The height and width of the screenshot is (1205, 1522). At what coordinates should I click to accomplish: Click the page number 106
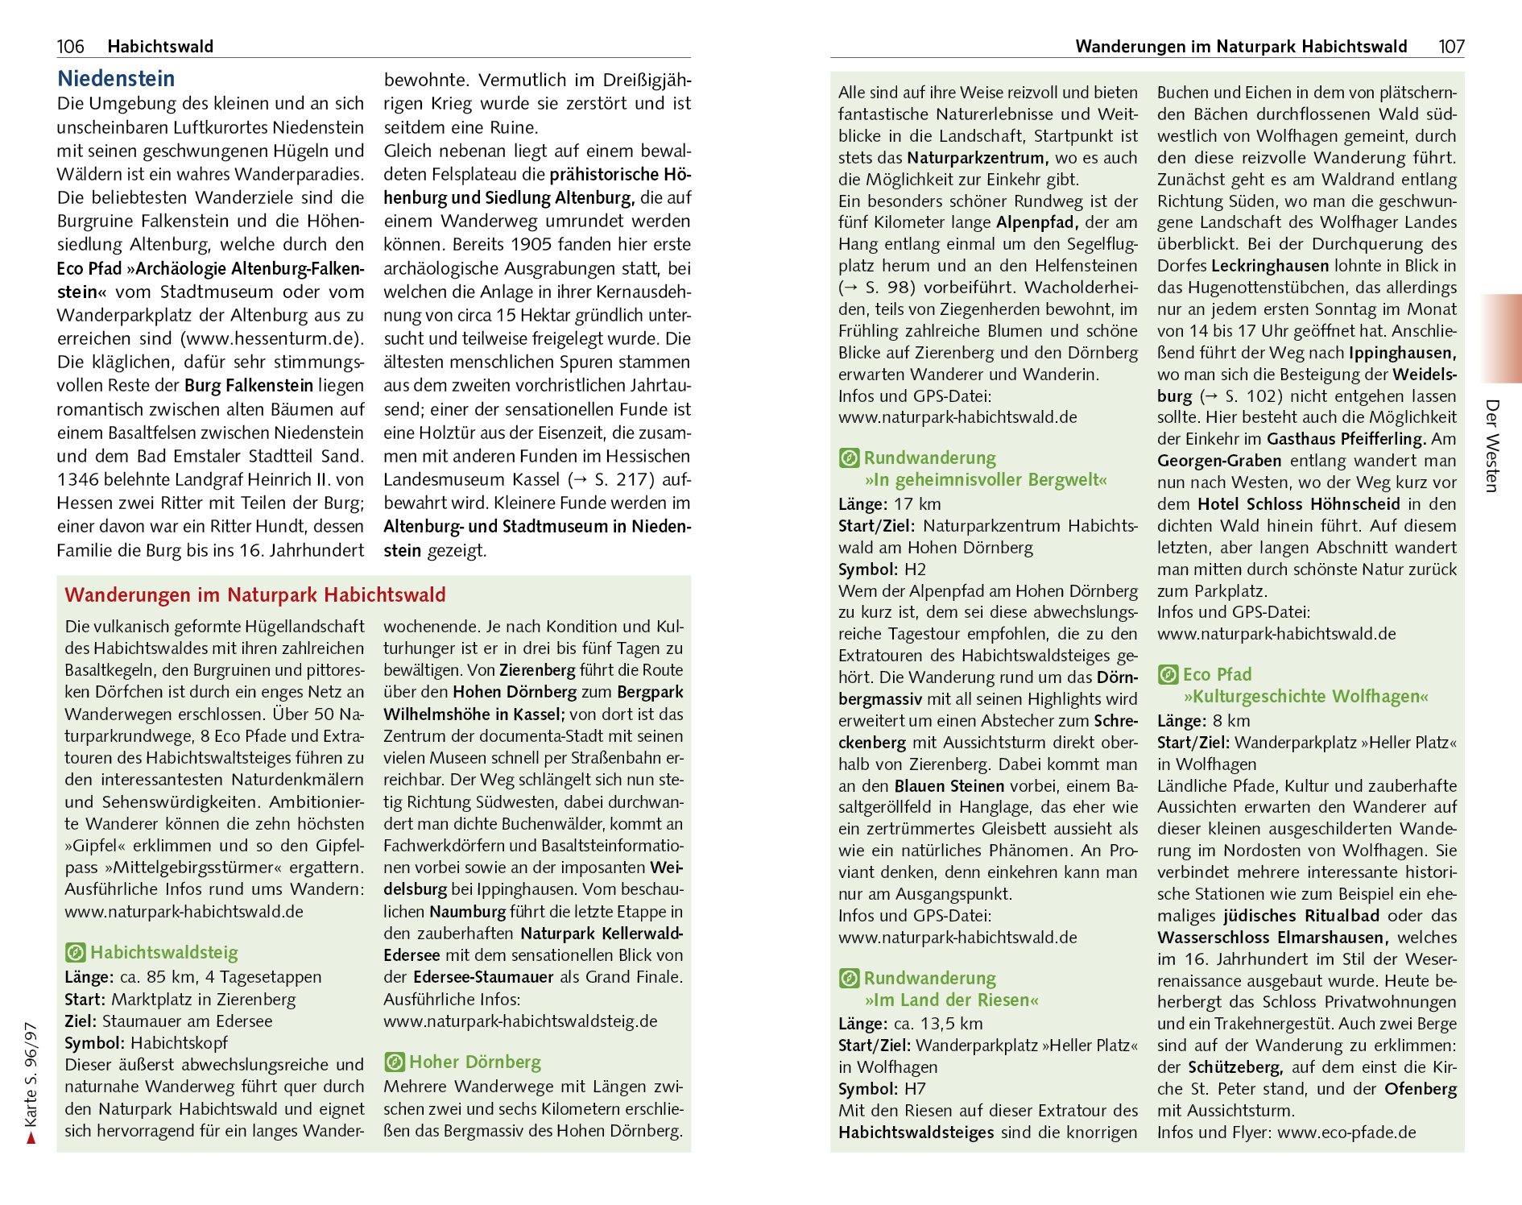(x=70, y=47)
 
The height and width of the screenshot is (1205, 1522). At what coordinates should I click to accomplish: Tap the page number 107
(x=1451, y=47)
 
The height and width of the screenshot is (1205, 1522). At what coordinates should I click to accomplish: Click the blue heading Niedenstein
(x=116, y=79)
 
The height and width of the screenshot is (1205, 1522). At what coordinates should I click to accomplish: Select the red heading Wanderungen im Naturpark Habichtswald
(x=255, y=595)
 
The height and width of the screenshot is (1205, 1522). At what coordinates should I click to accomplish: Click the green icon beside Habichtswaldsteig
(x=75, y=953)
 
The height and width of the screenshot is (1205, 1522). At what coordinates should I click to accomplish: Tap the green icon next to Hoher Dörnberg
(x=394, y=1062)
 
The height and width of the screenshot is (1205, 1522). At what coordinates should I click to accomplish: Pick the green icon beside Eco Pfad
(x=1168, y=675)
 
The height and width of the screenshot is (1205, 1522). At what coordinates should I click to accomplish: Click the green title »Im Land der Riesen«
(x=951, y=1000)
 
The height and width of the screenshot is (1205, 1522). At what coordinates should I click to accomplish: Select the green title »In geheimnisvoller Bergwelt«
(x=986, y=480)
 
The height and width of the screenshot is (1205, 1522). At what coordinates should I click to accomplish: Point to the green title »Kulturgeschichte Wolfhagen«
(x=1305, y=697)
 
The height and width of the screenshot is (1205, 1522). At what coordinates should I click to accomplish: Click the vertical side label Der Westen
(x=1492, y=445)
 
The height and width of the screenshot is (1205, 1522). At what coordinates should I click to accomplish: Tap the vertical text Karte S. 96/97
(x=31, y=1075)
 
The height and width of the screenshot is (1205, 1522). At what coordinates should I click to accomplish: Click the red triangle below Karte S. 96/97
(x=31, y=1137)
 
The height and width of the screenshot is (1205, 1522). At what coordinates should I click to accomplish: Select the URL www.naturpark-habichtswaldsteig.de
(x=520, y=1021)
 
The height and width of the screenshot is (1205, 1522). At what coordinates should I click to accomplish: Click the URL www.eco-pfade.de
(x=1346, y=1133)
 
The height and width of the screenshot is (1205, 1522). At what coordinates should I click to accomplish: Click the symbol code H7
(x=915, y=1089)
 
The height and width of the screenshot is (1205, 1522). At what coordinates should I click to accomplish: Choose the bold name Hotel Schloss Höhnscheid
(x=1298, y=504)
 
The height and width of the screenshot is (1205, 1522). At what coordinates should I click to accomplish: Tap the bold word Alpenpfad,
(x=1037, y=222)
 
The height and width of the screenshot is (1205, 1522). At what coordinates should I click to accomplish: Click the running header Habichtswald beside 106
(x=160, y=47)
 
